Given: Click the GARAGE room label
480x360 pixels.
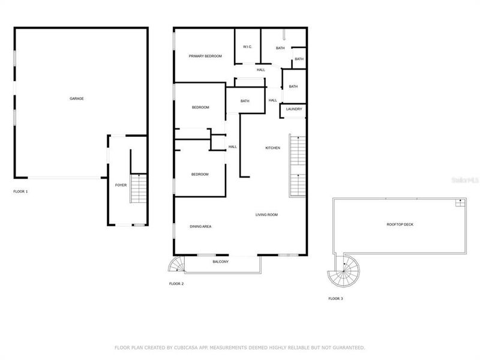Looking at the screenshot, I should [x=76, y=98].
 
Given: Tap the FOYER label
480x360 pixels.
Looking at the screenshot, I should [x=121, y=185].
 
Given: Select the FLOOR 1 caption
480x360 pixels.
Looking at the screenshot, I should [x=21, y=191].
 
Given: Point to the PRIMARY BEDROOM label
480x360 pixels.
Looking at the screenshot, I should [x=205, y=56].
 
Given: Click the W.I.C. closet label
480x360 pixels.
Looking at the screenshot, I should [x=247, y=47].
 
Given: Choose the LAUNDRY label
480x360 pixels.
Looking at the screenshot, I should [x=294, y=109].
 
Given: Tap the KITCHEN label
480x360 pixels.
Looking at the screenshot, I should [x=273, y=148].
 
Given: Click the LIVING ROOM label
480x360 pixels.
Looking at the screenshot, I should [x=266, y=214].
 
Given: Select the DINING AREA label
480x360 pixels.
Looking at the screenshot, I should [x=200, y=226].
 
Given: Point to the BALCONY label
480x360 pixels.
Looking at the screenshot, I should [x=221, y=262].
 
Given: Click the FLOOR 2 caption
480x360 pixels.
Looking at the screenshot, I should [x=176, y=283].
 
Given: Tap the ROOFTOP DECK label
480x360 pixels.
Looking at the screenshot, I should [x=400, y=224].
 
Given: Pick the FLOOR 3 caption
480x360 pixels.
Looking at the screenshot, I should [x=335, y=298].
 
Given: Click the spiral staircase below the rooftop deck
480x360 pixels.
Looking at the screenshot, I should [x=342, y=274].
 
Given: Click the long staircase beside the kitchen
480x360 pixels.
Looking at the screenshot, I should [x=298, y=166].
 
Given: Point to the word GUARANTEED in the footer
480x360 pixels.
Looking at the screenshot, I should [x=349, y=347].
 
